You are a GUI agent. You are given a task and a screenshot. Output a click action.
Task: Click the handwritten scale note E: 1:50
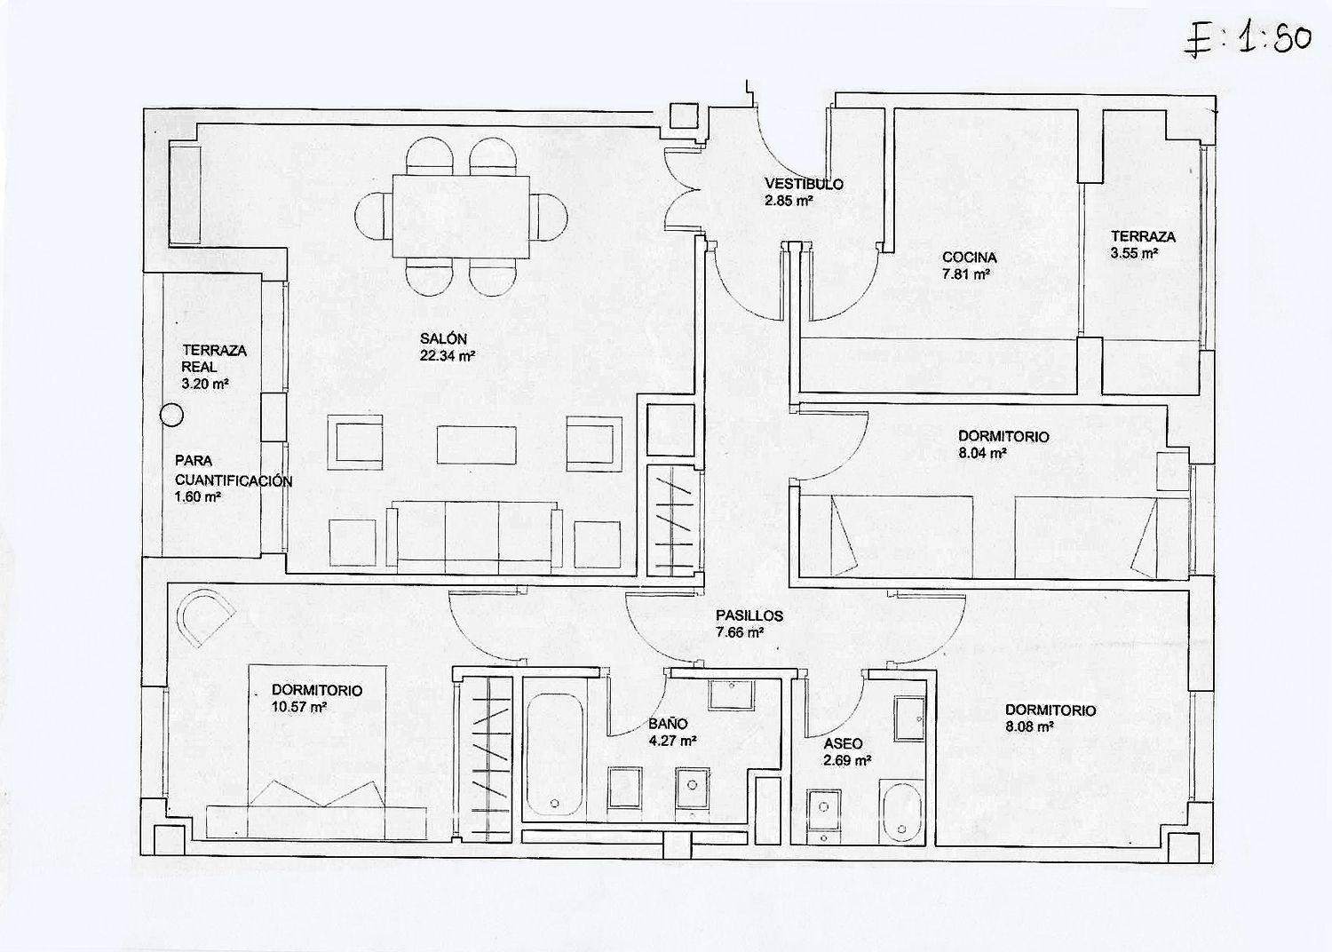click(x=1247, y=40)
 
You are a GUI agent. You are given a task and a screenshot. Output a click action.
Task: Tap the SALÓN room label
click(x=443, y=339)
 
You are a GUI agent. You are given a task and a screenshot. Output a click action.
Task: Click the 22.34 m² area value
click(x=448, y=355)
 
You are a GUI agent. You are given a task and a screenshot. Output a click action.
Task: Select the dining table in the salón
click(x=461, y=217)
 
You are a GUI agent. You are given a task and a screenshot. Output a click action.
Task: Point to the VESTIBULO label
click(x=804, y=185)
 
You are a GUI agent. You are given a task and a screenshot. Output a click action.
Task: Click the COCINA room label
click(x=970, y=258)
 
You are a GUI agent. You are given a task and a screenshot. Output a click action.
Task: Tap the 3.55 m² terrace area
click(x=1133, y=253)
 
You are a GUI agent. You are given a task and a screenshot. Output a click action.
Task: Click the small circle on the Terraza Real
click(x=172, y=415)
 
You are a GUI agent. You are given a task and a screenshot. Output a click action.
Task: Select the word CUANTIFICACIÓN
click(x=233, y=480)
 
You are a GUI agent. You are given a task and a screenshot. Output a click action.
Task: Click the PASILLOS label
click(x=749, y=616)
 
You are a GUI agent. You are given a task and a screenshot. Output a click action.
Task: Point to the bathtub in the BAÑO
click(x=554, y=755)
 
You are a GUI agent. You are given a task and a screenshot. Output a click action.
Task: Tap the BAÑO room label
click(x=668, y=724)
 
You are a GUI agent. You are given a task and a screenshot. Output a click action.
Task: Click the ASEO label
click(x=843, y=744)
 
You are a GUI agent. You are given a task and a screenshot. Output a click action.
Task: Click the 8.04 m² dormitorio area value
click(x=982, y=453)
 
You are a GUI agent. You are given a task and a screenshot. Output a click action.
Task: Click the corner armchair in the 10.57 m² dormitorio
click(x=205, y=616)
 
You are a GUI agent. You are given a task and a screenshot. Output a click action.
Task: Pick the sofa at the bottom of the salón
click(x=474, y=537)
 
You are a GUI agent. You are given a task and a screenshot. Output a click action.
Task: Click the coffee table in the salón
click(x=476, y=445)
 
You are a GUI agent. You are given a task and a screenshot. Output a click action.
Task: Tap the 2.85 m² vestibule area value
click(x=789, y=201)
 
